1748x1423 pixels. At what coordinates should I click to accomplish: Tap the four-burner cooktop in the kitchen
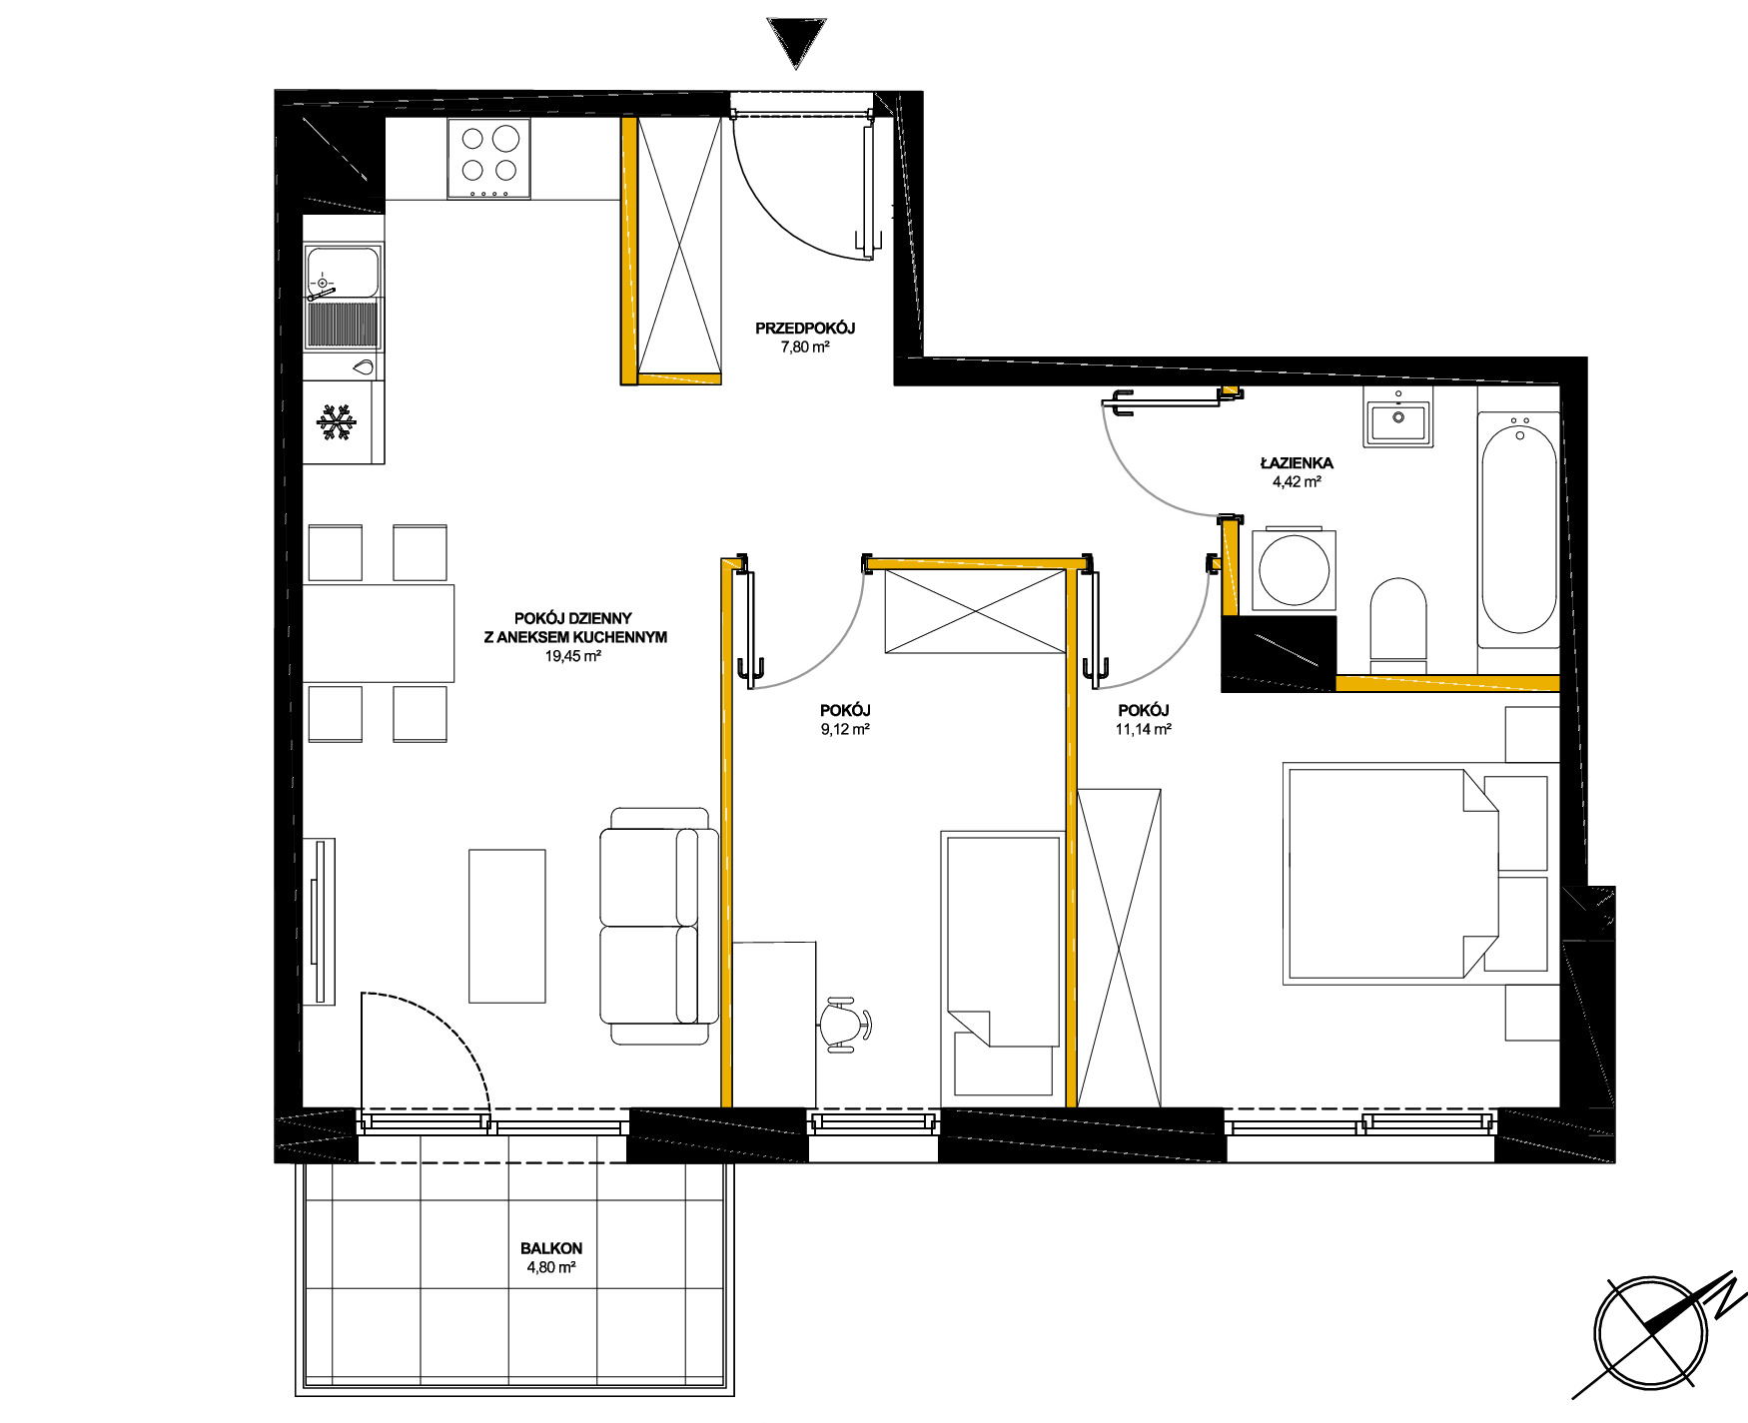pos(488,158)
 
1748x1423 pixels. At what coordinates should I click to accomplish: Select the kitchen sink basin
pos(343,273)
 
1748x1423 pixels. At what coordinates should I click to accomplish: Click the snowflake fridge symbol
pos(337,422)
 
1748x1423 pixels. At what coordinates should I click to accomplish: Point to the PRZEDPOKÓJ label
pos(805,328)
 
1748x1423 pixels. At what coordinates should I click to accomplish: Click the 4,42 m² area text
pos(1297,481)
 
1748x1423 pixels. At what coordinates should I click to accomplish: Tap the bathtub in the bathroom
pos(1518,525)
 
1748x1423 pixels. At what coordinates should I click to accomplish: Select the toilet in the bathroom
pos(1398,624)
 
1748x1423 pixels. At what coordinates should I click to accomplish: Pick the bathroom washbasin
pos(1397,418)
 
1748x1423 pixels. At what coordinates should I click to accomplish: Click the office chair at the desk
pos(846,1023)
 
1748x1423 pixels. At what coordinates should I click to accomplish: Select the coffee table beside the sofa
pos(507,926)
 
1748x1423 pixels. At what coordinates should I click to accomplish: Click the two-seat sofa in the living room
pos(659,926)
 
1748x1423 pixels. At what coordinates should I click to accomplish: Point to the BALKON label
pos(551,1248)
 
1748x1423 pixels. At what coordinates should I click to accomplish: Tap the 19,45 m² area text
pos(573,656)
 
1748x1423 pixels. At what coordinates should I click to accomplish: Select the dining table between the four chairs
pos(379,633)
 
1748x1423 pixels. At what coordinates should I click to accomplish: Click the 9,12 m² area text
pos(845,729)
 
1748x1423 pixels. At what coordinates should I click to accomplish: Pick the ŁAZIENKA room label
pos(1297,462)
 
